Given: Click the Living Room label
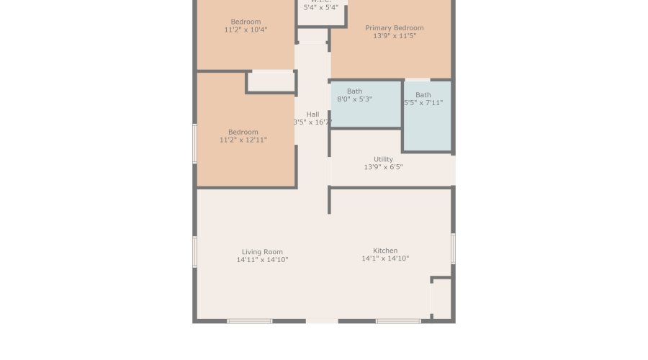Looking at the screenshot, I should [x=262, y=252].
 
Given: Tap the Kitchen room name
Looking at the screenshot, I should [x=385, y=251].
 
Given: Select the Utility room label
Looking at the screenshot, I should [x=383, y=159].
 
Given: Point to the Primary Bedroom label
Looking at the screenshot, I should [x=394, y=28].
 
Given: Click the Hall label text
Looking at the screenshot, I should [x=312, y=114].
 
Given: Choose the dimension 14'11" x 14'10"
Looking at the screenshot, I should [x=262, y=260].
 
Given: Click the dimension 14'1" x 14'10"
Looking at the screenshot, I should [x=385, y=258].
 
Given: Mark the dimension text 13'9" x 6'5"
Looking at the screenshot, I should [x=383, y=167].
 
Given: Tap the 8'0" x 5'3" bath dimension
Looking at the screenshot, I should [x=354, y=99].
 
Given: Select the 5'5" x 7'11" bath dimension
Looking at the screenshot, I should [x=423, y=103].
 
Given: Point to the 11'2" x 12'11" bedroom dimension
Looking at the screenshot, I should [x=243, y=140].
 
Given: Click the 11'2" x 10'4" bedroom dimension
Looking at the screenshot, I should [x=246, y=30].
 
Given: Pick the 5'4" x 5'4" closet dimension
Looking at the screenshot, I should [x=320, y=8].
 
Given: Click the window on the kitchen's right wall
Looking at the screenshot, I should [x=453, y=248].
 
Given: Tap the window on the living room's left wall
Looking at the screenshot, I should [x=194, y=252].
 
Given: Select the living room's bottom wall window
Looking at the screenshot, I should [x=250, y=321].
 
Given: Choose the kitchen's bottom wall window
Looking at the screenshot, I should [x=398, y=321].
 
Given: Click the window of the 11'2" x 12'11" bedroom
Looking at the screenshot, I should [x=194, y=143].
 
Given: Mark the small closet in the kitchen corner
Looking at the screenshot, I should [x=441, y=298].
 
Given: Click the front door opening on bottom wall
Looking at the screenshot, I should [x=322, y=321].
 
